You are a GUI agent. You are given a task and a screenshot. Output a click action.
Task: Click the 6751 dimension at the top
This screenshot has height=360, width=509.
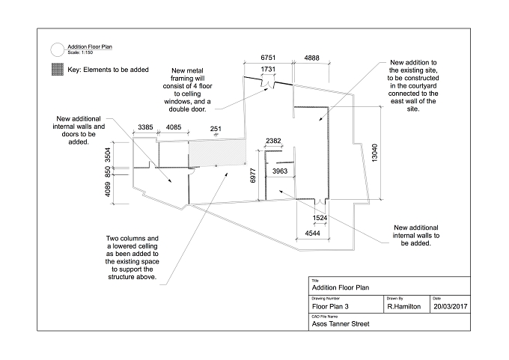click(268, 58)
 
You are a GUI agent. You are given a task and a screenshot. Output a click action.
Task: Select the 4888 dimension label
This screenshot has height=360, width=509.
click(311, 58)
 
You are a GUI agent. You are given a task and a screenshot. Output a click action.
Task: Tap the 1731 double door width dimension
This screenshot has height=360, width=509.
click(268, 69)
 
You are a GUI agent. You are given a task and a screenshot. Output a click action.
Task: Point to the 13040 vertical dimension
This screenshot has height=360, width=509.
click(374, 153)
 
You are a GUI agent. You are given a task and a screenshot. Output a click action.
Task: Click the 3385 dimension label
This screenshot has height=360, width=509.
click(145, 127)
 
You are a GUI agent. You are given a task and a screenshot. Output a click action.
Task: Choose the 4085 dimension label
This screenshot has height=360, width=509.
click(174, 127)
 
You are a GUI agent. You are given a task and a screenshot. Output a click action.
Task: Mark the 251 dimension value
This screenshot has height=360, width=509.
click(216, 129)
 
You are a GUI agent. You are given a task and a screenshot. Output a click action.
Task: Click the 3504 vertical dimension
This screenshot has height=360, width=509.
click(108, 155)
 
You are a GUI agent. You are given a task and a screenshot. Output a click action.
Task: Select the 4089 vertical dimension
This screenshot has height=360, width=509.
click(108, 189)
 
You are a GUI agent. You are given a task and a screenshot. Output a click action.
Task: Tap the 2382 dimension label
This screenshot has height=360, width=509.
click(273, 141)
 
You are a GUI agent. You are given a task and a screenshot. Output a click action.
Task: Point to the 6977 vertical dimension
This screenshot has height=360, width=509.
click(253, 176)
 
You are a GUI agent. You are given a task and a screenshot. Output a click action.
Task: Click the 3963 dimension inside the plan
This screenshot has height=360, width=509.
click(280, 171)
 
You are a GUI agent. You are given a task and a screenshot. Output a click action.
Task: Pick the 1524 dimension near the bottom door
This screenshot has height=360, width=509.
click(320, 218)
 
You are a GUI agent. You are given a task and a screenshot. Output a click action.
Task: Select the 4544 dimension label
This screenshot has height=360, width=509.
click(313, 233)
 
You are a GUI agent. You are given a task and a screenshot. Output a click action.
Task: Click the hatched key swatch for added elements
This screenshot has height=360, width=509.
click(58, 69)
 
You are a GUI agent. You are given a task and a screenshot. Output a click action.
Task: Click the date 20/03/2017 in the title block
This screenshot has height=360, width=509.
click(451, 306)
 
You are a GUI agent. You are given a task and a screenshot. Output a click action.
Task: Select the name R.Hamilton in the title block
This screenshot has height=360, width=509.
click(403, 306)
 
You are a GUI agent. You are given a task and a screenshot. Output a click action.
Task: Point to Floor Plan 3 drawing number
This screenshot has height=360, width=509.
click(330, 306)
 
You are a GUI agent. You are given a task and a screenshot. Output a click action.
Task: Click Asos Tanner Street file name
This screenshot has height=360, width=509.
click(341, 323)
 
